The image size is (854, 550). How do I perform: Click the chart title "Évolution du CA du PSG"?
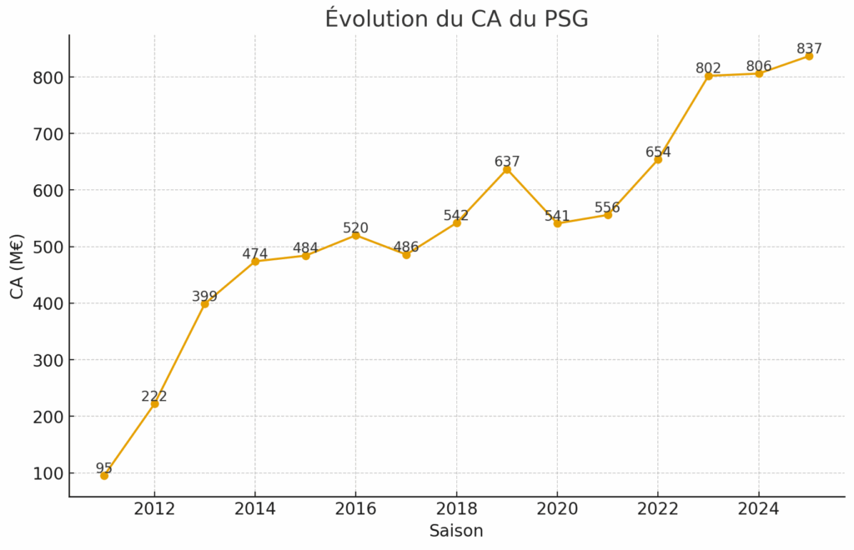[x=456, y=18]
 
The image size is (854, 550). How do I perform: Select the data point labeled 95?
[x=104, y=476]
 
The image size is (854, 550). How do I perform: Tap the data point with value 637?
[x=507, y=169]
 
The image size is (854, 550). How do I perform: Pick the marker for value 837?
[x=809, y=56]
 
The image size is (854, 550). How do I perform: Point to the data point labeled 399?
[x=204, y=303]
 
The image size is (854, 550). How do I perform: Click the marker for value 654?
[x=658, y=159]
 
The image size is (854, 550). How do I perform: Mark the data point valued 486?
[x=406, y=254]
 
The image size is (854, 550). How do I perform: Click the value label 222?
[x=154, y=397]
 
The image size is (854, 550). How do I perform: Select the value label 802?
[x=709, y=68]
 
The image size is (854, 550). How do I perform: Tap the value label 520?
[x=355, y=228]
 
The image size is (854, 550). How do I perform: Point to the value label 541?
[x=557, y=217]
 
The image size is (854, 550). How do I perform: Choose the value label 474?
[x=255, y=254]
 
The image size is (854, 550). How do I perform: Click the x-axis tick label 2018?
[x=456, y=509]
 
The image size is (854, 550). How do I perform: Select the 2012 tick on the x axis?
[x=154, y=509]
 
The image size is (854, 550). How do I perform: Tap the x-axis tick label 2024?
[x=759, y=509]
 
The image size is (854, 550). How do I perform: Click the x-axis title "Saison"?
[x=456, y=531]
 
